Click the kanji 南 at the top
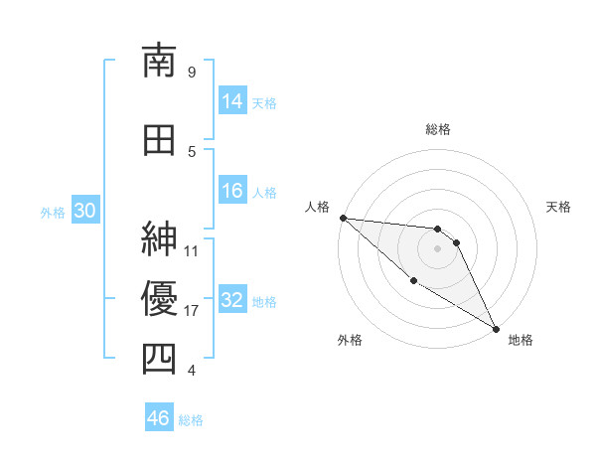(x=160, y=61)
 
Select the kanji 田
(x=160, y=140)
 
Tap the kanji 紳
(x=160, y=239)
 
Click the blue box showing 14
(x=232, y=101)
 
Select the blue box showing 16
(x=232, y=191)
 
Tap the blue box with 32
(x=232, y=300)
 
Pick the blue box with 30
(x=84, y=211)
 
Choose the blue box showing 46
(x=159, y=418)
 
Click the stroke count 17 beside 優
(x=192, y=311)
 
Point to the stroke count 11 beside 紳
(x=192, y=250)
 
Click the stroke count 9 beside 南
(x=191, y=72)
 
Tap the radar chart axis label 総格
(x=438, y=129)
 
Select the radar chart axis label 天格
(x=559, y=207)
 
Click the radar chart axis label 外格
(x=350, y=340)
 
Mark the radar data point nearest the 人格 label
(x=343, y=217)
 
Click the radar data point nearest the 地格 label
(x=496, y=329)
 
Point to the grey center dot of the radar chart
(x=437, y=248)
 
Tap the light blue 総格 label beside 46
(x=192, y=420)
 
